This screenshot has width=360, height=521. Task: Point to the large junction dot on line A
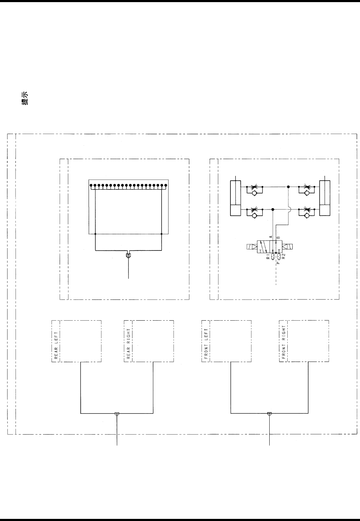pyautogui.click(x=272, y=209)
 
